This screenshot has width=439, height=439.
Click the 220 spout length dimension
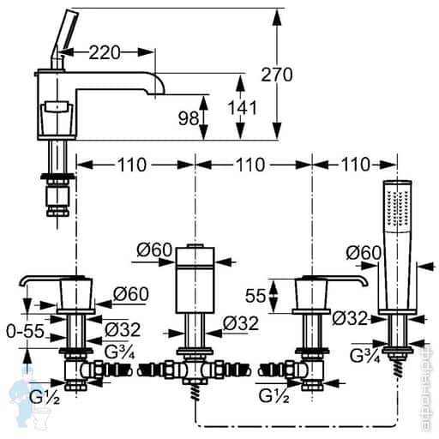pyautogui.click(x=103, y=53)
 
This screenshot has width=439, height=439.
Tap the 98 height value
pyautogui.click(x=187, y=118)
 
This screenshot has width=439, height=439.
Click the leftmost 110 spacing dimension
pyautogui.click(x=135, y=164)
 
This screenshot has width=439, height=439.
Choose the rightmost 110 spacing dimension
pyautogui.click(x=354, y=164)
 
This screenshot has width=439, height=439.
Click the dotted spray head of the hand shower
pyautogui.click(x=394, y=206)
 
